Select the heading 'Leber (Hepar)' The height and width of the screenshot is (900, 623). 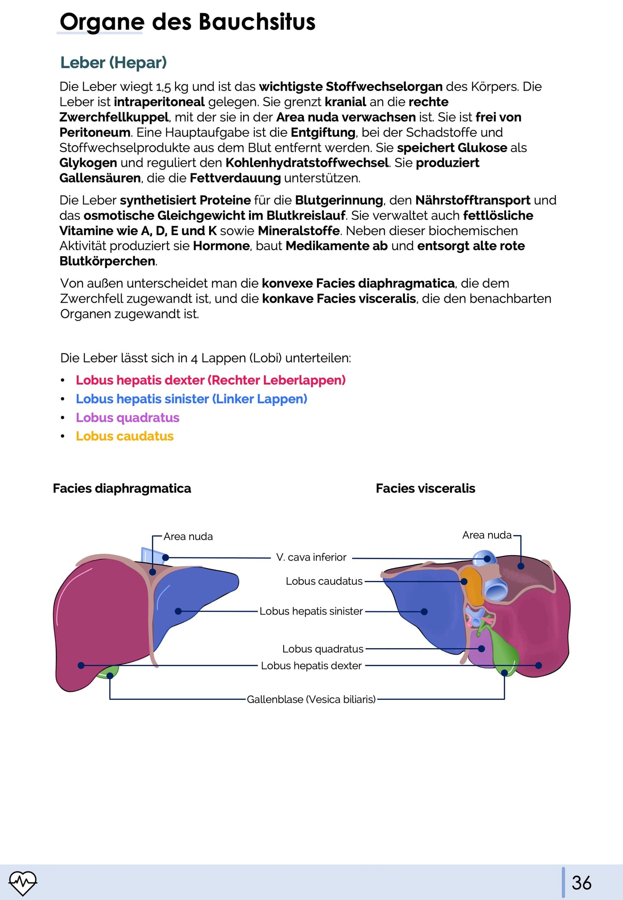113,63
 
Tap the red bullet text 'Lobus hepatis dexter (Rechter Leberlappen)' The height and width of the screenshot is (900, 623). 210,380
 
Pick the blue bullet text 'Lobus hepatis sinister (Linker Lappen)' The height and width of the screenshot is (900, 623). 191,399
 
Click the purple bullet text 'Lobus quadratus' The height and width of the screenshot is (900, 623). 127,417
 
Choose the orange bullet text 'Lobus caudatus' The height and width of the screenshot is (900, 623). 125,436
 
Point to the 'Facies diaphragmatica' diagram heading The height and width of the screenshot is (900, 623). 122,488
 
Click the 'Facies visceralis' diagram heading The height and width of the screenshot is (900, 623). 425,488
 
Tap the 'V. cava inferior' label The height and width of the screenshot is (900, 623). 311,557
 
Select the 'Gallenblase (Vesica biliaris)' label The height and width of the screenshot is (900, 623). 311,699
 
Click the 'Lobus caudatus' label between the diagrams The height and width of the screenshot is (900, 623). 324,581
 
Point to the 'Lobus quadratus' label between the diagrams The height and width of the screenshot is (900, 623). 322,649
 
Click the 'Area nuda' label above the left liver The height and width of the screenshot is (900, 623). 188,536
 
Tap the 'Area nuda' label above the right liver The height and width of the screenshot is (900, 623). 486,535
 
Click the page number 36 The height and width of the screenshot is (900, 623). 581,882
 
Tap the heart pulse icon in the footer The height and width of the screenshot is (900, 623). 23,882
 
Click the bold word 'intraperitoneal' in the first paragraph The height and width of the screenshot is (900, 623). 159,102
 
